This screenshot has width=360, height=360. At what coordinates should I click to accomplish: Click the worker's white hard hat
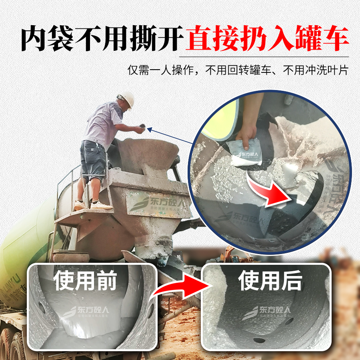point(127,98)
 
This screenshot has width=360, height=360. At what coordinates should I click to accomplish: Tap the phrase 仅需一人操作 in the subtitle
point(160,70)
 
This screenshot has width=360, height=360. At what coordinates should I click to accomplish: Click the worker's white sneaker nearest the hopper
point(102,206)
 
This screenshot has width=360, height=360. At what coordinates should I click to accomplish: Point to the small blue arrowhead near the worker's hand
point(149,129)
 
